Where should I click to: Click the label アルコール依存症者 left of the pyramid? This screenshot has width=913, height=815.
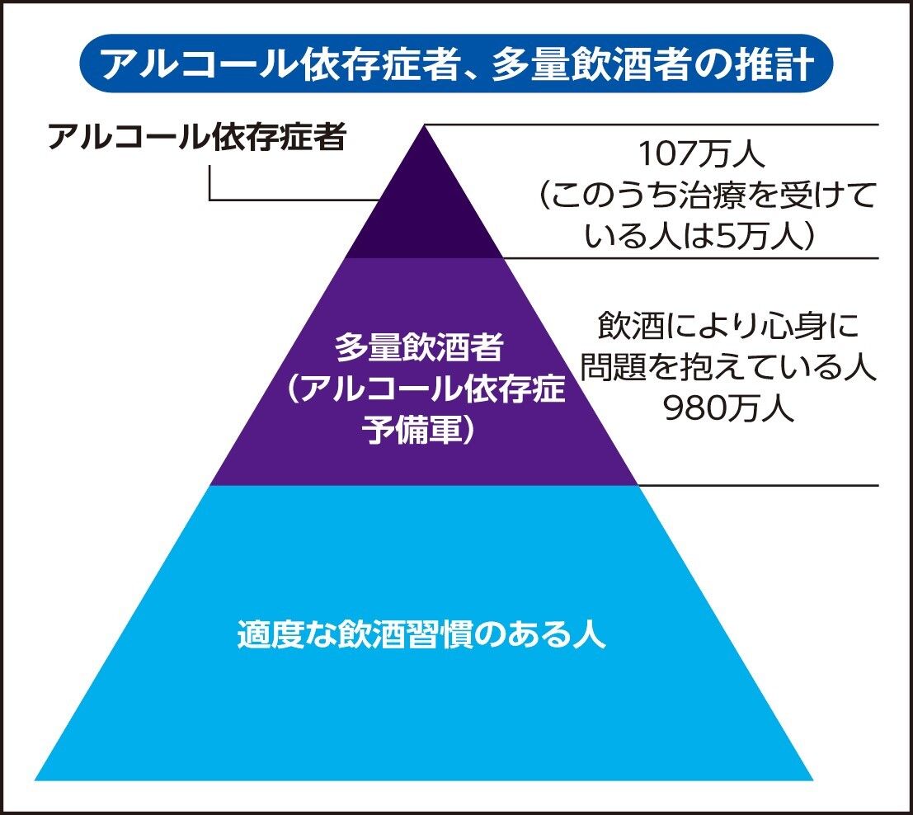tap(195, 138)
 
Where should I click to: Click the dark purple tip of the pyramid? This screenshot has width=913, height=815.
tap(424, 206)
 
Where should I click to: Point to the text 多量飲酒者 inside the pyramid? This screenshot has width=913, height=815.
tap(419, 348)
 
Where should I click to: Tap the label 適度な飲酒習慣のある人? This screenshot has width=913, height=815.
tap(421, 634)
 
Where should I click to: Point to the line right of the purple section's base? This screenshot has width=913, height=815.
tap(759, 485)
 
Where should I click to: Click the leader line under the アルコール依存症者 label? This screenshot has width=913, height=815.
tap(289, 199)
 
